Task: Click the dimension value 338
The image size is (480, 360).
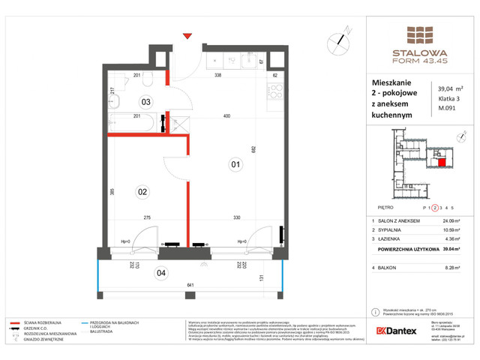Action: [217, 76]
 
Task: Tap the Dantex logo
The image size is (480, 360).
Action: [396, 331]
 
